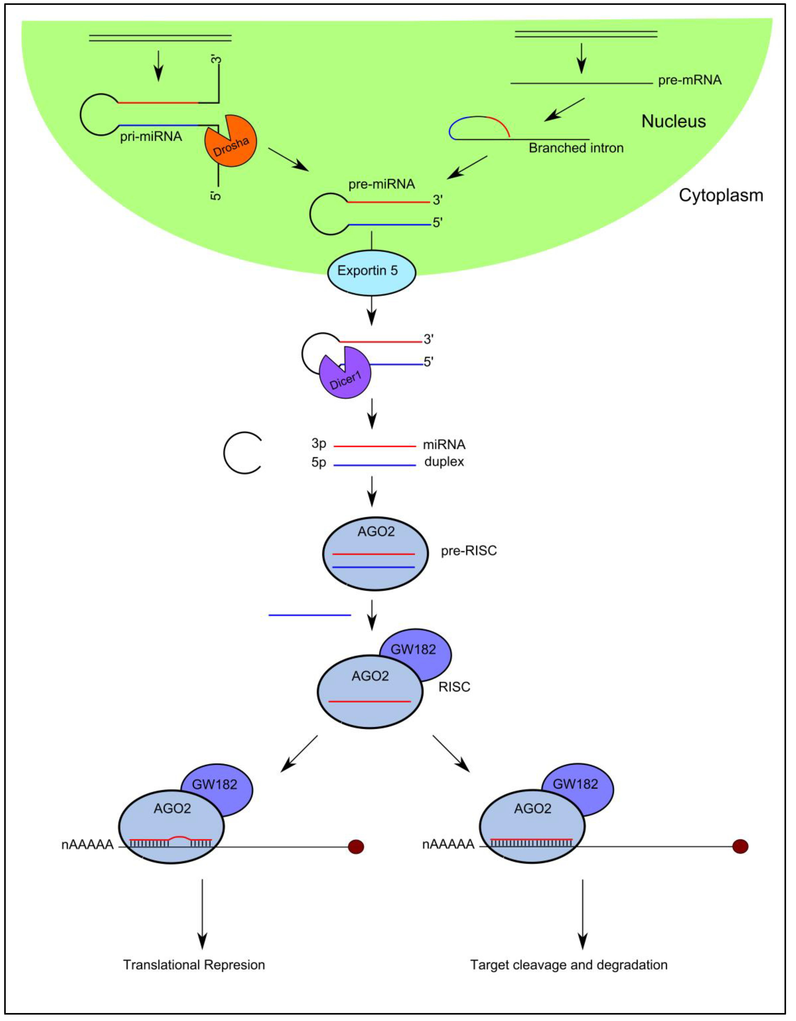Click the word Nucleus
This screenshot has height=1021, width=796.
(673, 121)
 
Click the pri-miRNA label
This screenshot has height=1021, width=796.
(151, 137)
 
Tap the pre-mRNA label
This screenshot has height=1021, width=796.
(689, 80)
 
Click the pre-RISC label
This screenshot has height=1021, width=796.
(469, 551)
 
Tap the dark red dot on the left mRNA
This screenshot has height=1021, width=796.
(356, 847)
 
